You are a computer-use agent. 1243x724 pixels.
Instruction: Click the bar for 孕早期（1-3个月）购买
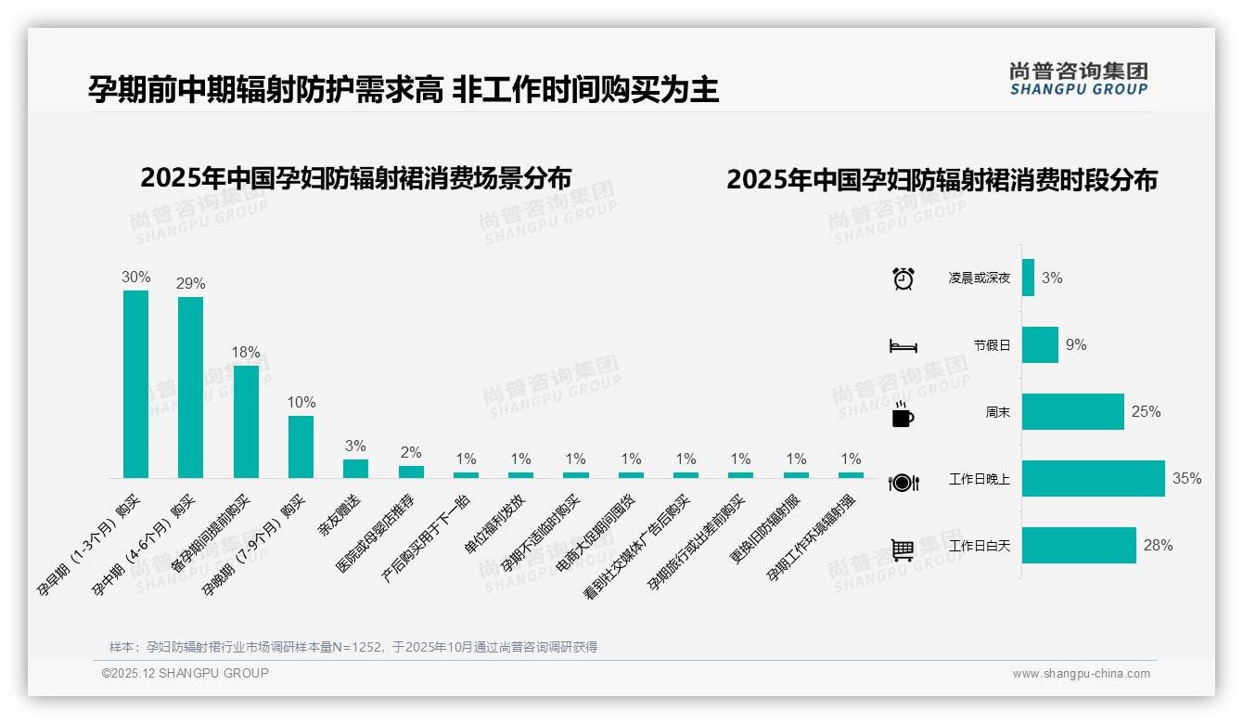(135, 384)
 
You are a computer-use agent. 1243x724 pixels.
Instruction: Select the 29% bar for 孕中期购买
(190, 387)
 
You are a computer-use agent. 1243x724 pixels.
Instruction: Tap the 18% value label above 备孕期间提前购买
(246, 353)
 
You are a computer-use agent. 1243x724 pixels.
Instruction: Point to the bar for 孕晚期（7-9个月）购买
(301, 446)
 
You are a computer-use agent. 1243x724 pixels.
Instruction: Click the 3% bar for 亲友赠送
(355, 469)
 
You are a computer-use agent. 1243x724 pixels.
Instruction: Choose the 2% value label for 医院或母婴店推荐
(411, 453)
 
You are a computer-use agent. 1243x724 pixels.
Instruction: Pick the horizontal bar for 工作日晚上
(1093, 479)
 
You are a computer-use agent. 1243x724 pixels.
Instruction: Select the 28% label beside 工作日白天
(1158, 546)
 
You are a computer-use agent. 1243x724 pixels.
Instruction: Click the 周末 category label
(998, 412)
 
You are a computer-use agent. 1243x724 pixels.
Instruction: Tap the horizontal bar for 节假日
(1040, 345)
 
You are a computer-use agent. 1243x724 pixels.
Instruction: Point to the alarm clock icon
(903, 278)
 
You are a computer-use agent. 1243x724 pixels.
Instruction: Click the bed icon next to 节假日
(903, 346)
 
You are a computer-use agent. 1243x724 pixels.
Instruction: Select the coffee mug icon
(903, 415)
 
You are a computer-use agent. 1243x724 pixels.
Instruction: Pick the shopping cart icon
(903, 549)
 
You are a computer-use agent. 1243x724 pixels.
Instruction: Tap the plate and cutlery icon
(903, 482)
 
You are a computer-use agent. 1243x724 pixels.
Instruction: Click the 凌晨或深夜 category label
(980, 278)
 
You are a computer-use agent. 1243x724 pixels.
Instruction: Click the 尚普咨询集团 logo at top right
(1078, 78)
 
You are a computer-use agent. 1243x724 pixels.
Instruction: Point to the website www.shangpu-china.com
(1081, 674)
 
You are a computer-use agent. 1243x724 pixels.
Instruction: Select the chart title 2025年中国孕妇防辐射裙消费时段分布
(942, 179)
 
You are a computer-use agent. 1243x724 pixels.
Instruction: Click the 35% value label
(1186, 479)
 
